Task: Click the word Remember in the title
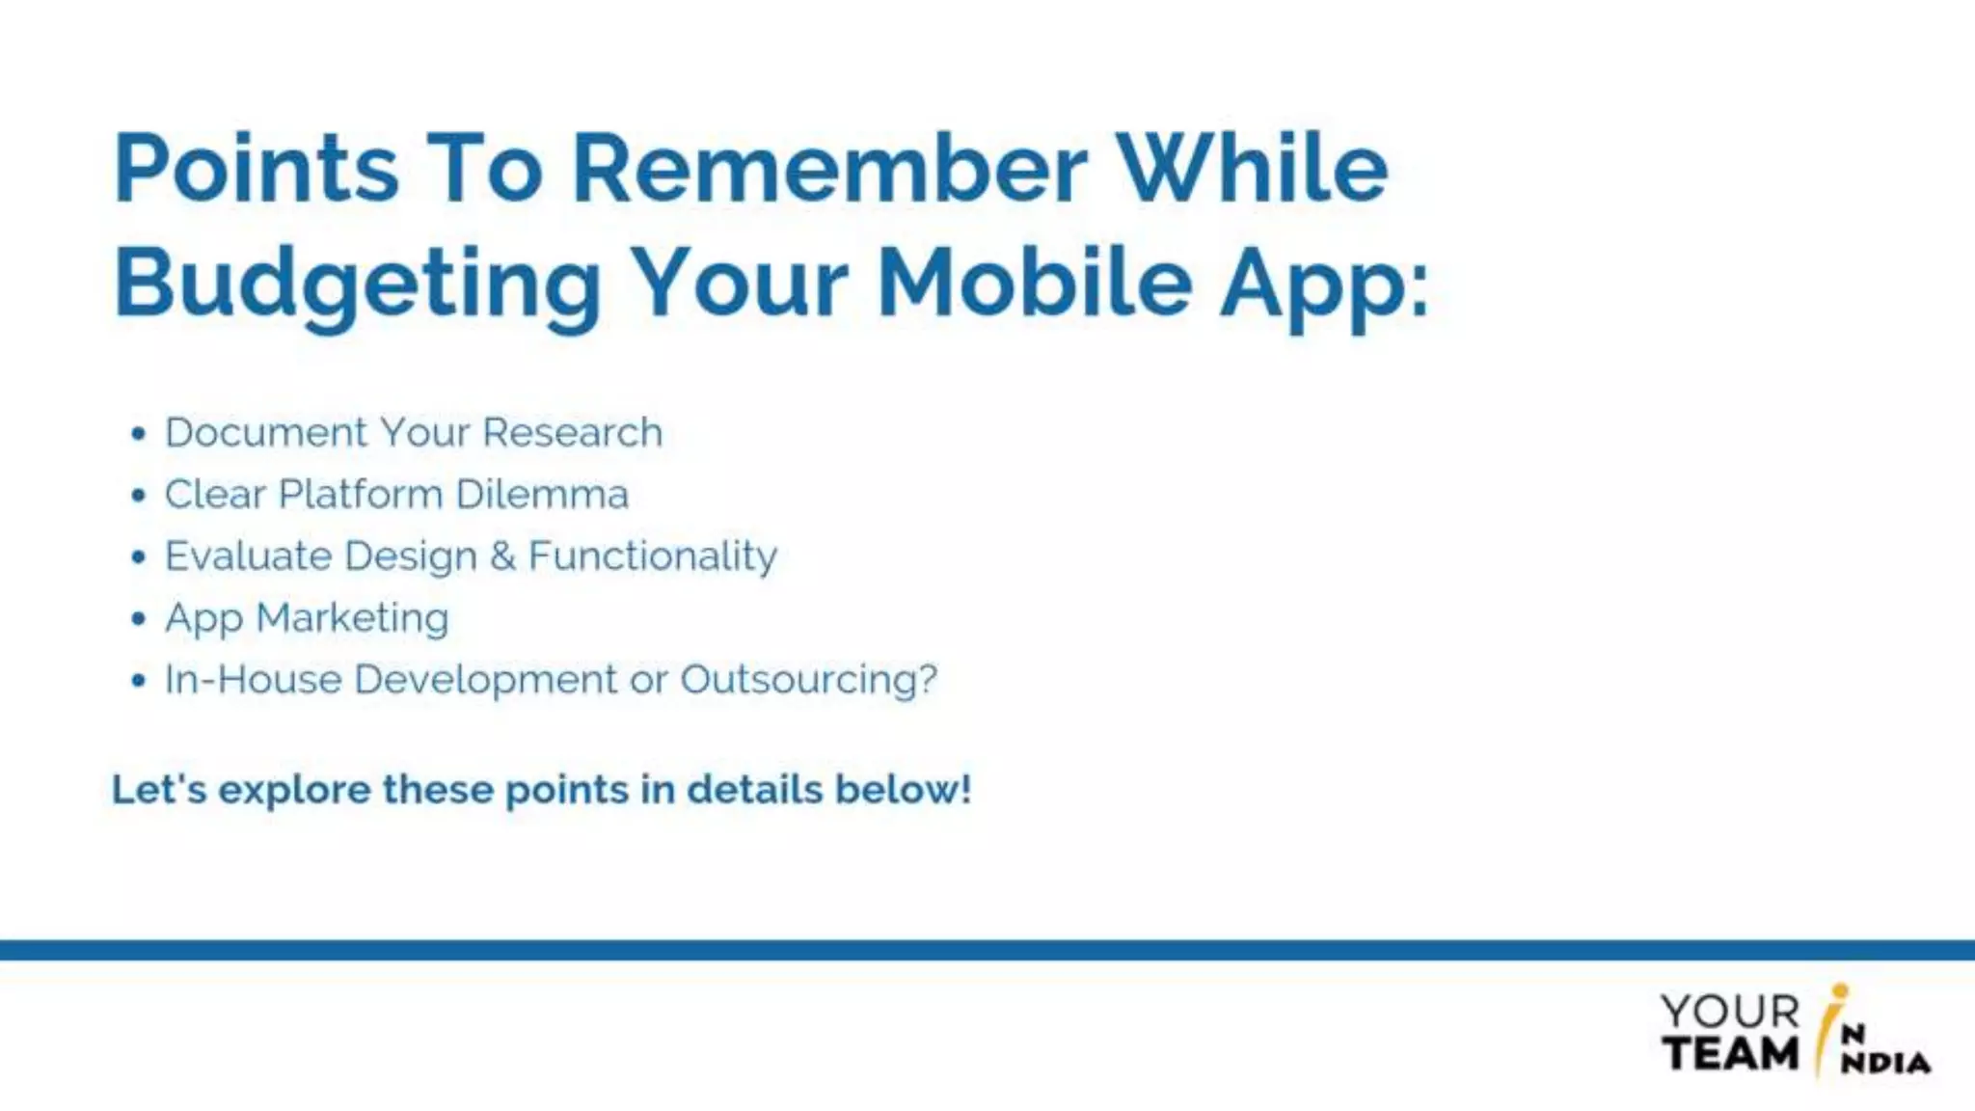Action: (x=829, y=169)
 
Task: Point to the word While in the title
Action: (x=1252, y=169)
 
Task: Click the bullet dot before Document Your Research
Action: (x=139, y=434)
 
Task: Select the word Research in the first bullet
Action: (x=572, y=432)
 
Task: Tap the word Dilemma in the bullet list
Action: (x=542, y=494)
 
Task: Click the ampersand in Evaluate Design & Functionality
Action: (x=502, y=556)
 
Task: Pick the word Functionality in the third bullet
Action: (x=653, y=556)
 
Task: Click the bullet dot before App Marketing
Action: (x=139, y=619)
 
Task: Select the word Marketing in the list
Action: (x=352, y=618)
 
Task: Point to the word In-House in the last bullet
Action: (x=253, y=680)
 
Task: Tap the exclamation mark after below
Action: (x=965, y=789)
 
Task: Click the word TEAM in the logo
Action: (x=1730, y=1052)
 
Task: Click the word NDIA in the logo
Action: (x=1885, y=1063)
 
